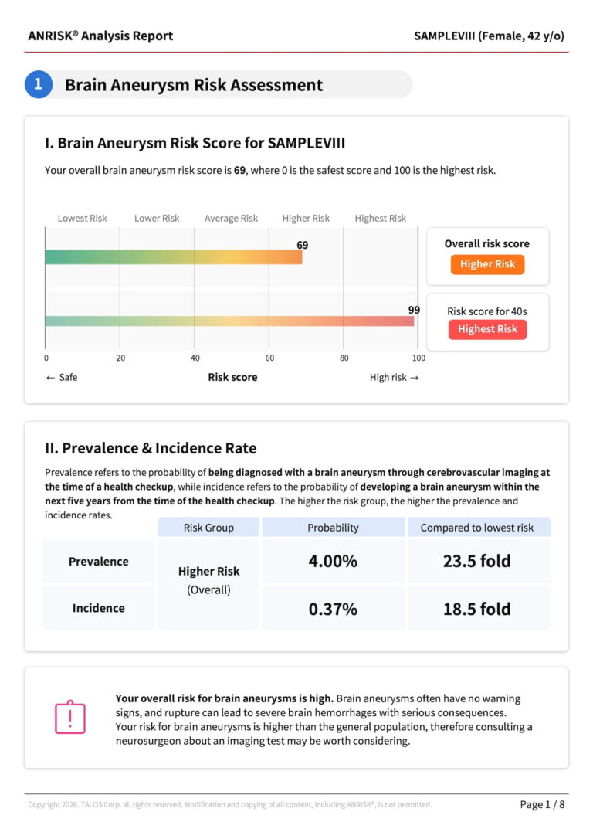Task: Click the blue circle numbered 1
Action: [x=38, y=84]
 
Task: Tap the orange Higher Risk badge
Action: [x=487, y=264]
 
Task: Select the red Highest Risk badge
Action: [x=487, y=329]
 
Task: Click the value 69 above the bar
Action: [x=303, y=245]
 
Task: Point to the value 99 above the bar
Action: [x=415, y=310]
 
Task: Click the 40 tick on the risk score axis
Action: [x=195, y=358]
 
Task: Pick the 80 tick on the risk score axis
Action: [x=344, y=358]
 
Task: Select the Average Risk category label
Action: [x=231, y=219]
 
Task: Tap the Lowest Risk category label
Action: [x=82, y=219]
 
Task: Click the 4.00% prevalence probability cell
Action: [x=333, y=562]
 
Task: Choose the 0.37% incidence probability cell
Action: [x=333, y=609]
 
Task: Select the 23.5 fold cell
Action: [x=477, y=562]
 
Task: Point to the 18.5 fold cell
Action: [x=477, y=609]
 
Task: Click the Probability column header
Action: [x=333, y=528]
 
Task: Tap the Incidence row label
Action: [x=98, y=608]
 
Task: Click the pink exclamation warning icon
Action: [x=70, y=717]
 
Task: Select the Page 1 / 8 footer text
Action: [x=542, y=805]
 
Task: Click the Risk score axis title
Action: [x=232, y=378]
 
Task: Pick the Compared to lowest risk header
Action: [x=477, y=528]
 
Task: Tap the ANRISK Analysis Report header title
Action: [x=100, y=36]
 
